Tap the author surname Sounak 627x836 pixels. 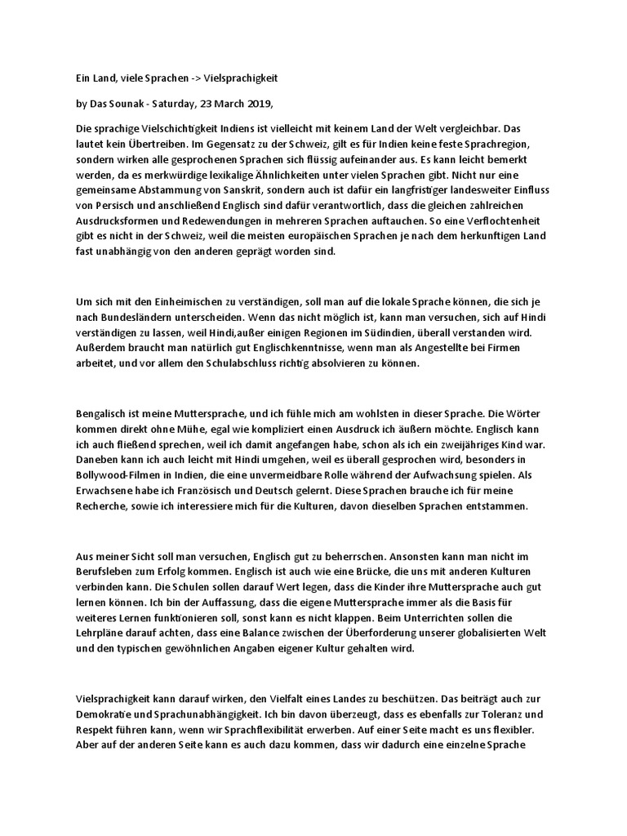point(124,104)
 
